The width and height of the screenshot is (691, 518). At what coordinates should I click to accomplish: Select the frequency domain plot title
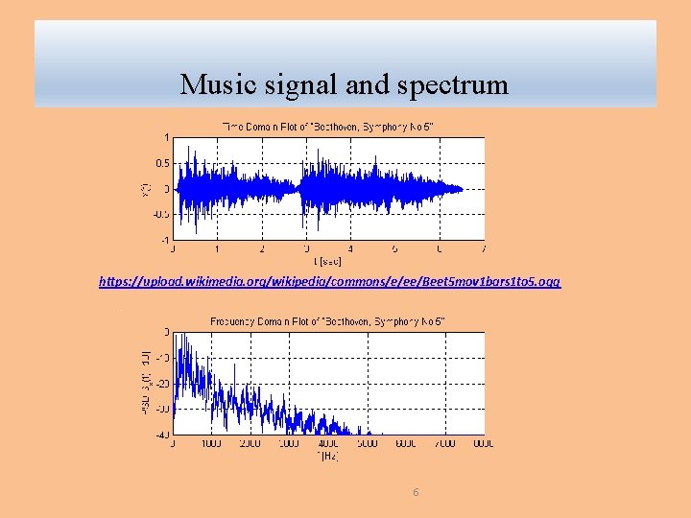pos(328,320)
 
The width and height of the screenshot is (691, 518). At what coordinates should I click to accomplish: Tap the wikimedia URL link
pos(330,282)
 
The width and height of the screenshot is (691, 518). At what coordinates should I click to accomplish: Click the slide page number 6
pos(416,492)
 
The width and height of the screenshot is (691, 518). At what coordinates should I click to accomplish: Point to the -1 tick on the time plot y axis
pos(164,240)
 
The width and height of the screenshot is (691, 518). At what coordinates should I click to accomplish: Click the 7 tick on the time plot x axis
pos(484,249)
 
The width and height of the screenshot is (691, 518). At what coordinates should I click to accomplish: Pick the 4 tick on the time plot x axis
pos(350,249)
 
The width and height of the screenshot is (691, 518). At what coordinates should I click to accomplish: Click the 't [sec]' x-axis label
pos(328,260)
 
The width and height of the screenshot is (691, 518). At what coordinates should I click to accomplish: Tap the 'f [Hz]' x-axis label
pos(328,456)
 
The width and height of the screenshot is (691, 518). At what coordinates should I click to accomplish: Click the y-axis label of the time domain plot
pos(146,189)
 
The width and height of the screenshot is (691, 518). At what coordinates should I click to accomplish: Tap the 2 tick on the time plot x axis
pos(262,249)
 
